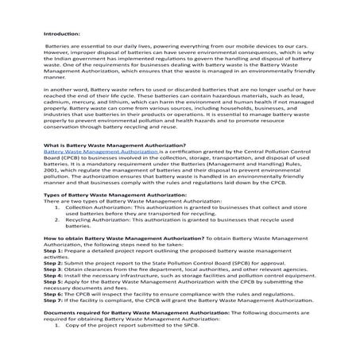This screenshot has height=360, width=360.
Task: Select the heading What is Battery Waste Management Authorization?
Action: click(x=106, y=165)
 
